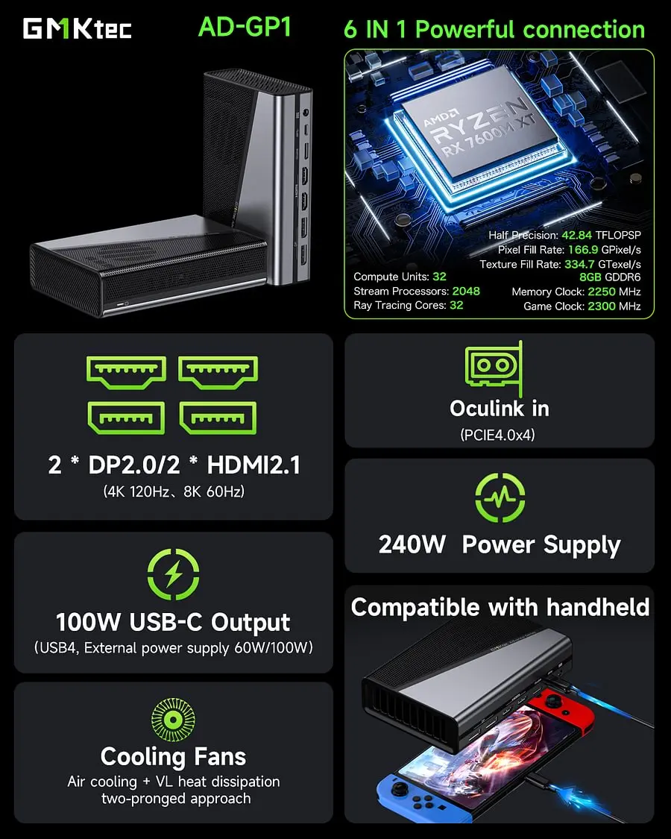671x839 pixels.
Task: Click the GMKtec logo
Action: pos(78,28)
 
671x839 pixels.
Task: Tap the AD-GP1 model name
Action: pos(245,27)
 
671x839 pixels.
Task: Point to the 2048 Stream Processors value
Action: pos(465,291)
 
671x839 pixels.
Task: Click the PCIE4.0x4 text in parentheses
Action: pos(498,435)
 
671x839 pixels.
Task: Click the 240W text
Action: pos(412,544)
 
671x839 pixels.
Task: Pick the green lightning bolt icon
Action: pos(173,574)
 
